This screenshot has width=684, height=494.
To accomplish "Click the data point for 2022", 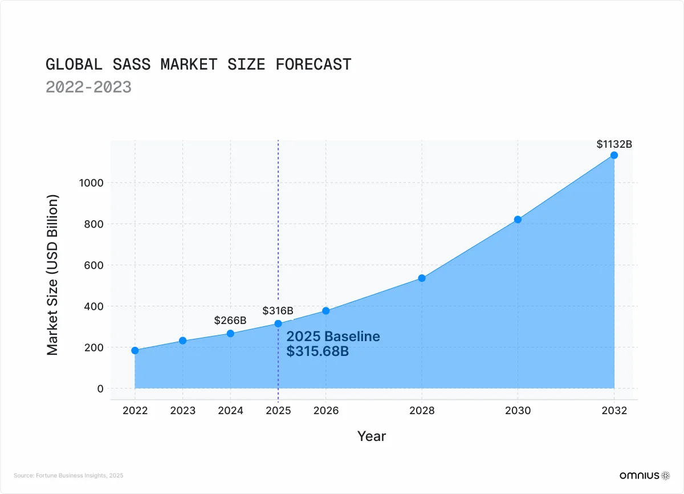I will tap(135, 350).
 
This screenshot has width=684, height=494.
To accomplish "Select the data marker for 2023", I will tap(183, 341).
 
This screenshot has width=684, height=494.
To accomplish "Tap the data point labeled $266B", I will tap(230, 333).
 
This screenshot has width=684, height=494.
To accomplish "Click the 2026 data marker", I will tap(326, 311).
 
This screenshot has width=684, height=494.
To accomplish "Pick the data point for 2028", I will tap(422, 278).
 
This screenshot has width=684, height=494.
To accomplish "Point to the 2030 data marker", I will tap(518, 220).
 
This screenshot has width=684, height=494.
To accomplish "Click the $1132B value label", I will tap(614, 144).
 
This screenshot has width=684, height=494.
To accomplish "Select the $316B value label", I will tap(278, 311).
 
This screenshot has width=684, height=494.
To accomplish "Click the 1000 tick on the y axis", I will tap(91, 183).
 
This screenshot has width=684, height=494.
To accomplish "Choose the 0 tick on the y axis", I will tap(100, 388).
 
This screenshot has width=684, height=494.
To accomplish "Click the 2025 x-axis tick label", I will tap(278, 411).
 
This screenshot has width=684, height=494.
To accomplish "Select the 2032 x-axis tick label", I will tap(614, 411).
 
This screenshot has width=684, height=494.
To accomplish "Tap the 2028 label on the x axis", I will tap(422, 411).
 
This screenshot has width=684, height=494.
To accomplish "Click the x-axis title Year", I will tap(372, 436).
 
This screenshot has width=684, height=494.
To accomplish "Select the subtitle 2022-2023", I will tap(88, 87).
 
